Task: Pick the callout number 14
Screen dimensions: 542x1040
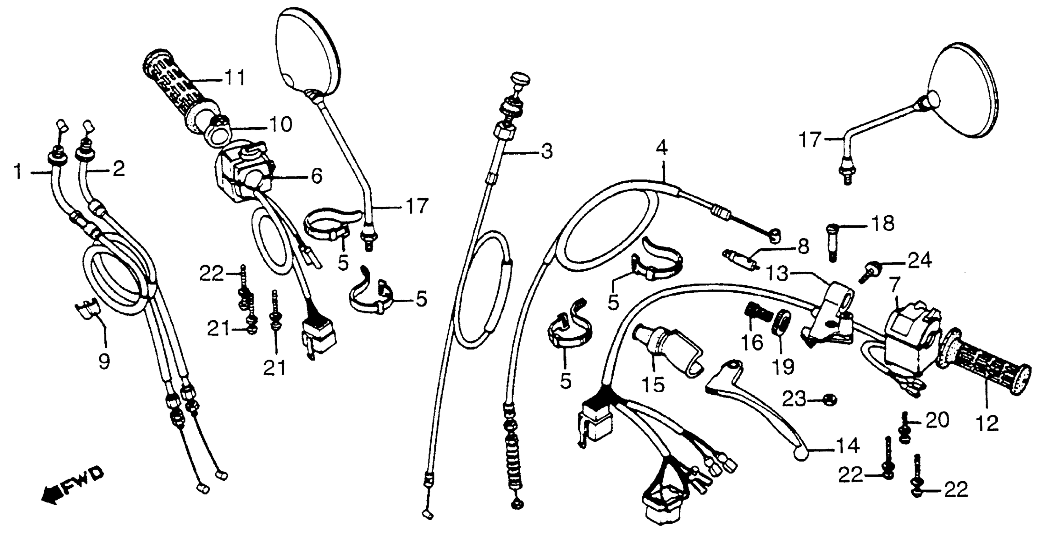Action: click(x=847, y=447)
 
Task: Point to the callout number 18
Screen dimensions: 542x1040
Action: click(x=883, y=223)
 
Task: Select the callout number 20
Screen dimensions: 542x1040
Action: click(x=937, y=421)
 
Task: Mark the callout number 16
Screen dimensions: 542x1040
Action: click(x=752, y=343)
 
